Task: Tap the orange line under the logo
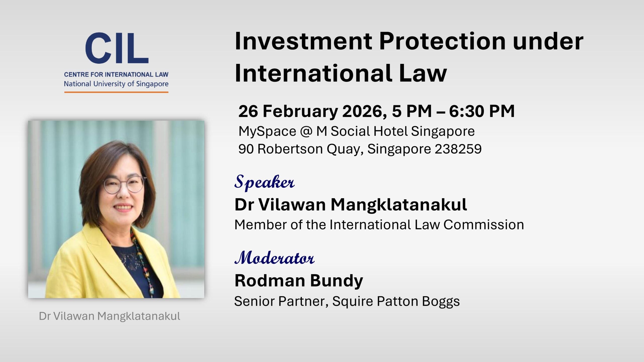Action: point(116,92)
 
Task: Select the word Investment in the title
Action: point(303,41)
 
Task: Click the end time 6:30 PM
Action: point(482,111)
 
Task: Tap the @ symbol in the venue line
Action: point(306,131)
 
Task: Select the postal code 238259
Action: point(458,149)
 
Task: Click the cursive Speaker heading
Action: point(264,182)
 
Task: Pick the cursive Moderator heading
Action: point(274,258)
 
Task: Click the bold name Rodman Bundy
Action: point(299,281)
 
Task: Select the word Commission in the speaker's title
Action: point(484,224)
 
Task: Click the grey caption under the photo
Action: point(109,316)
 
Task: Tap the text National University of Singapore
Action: point(116,84)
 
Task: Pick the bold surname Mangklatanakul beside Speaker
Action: point(398,205)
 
